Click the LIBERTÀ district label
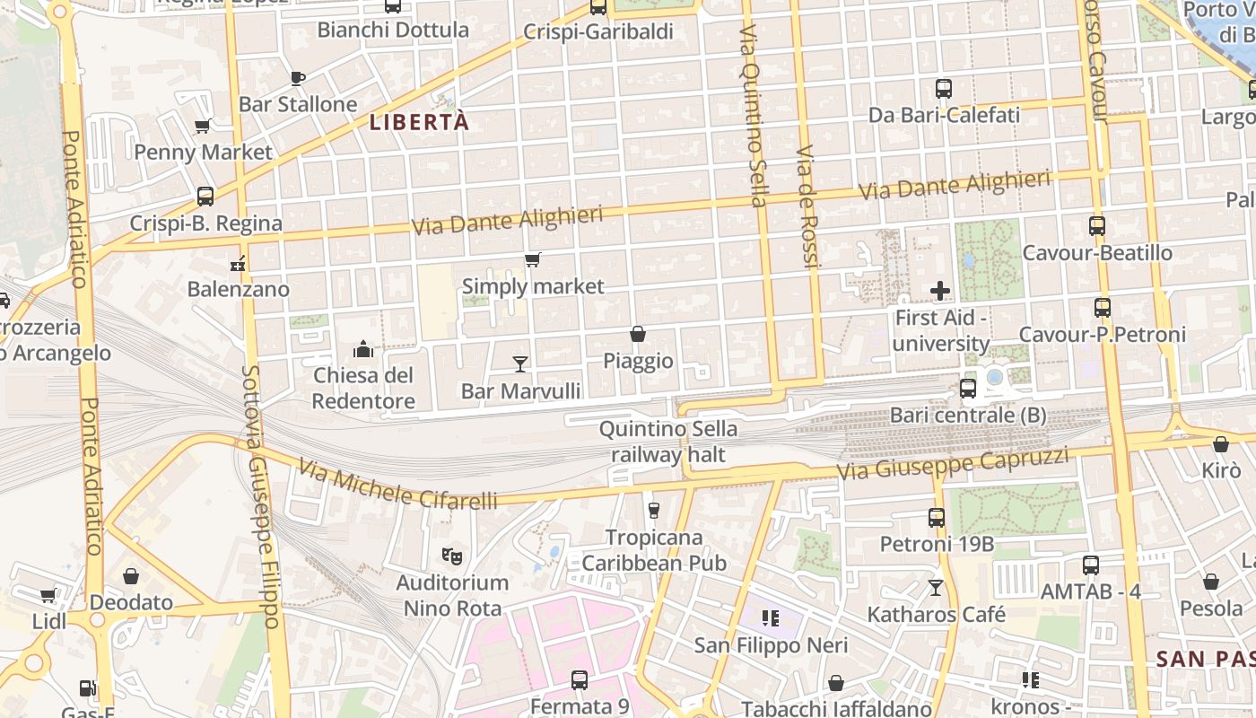(420, 122)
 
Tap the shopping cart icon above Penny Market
(203, 127)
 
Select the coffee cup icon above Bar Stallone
(298, 78)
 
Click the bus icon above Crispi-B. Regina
(205, 197)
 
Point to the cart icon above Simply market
(533, 260)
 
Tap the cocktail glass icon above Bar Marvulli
(519, 363)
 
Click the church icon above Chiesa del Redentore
(363, 348)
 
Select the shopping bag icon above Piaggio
(638, 334)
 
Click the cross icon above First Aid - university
(940, 291)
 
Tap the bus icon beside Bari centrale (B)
(967, 389)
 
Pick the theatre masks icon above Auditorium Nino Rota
(452, 556)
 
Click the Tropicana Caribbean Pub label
(654, 550)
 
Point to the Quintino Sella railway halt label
(668, 442)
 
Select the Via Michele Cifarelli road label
(398, 486)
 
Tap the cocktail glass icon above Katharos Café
(936, 588)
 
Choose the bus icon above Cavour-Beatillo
(1096, 226)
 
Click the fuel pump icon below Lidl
(88, 688)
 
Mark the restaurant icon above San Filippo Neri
(770, 617)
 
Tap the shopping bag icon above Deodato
(131, 576)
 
